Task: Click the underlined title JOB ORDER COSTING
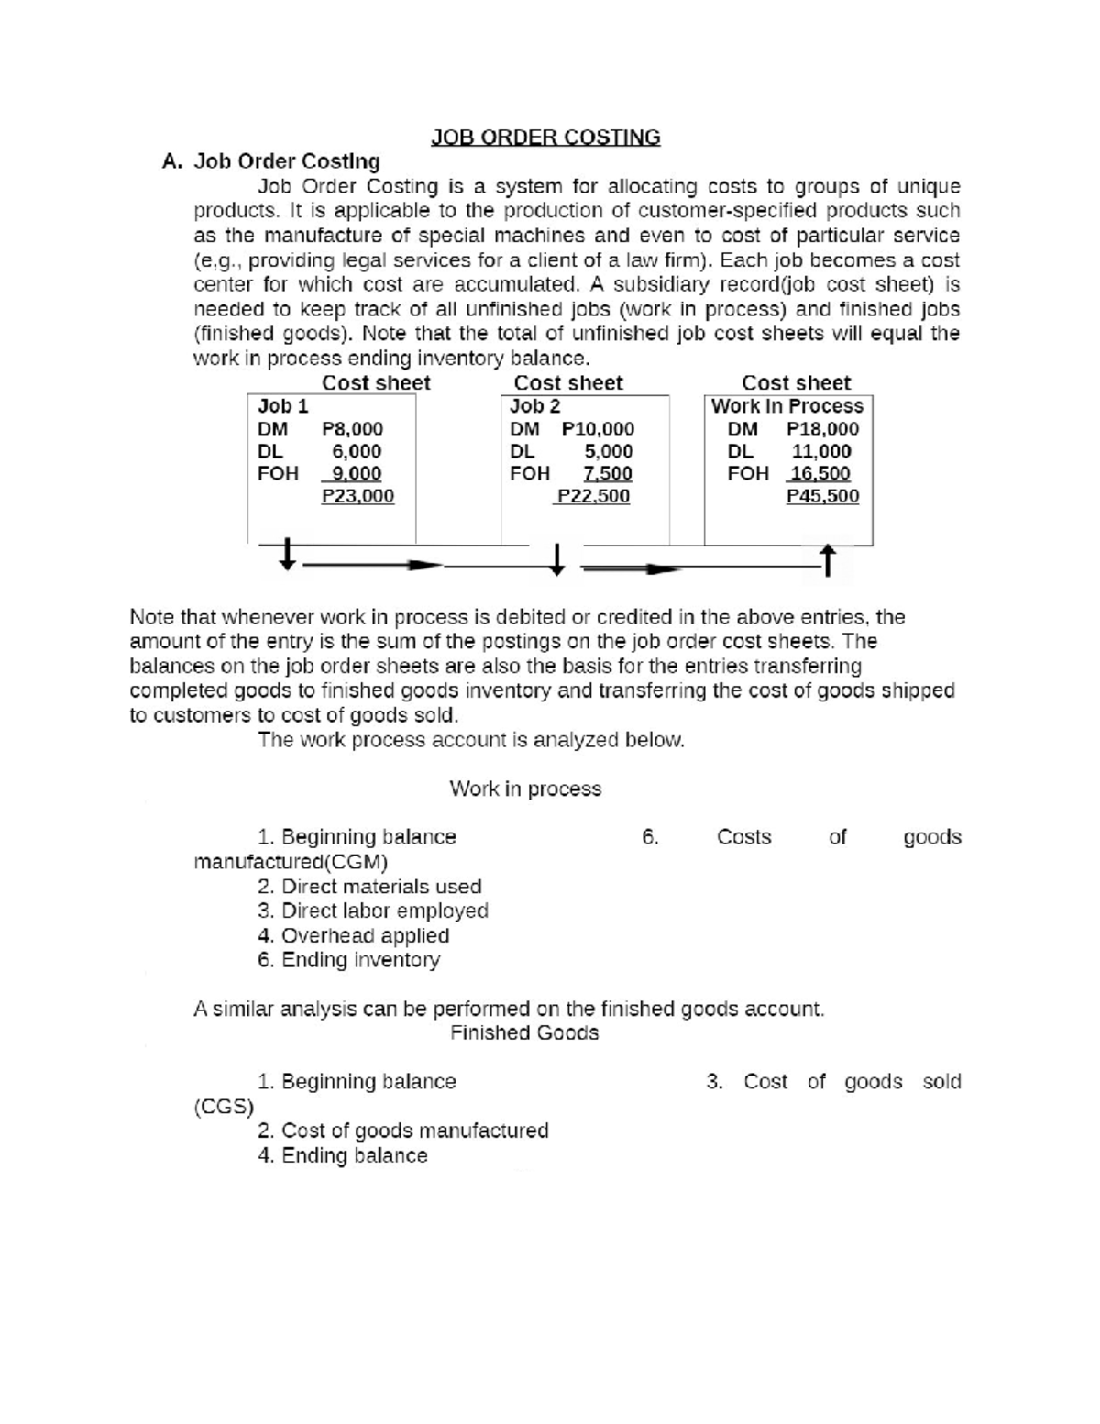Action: (545, 138)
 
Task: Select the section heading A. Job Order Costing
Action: (270, 161)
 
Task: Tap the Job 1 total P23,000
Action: (357, 496)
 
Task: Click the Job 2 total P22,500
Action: (594, 496)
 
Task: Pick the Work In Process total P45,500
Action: (822, 496)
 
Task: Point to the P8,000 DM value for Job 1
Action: (353, 429)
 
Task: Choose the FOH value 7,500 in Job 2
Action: (607, 474)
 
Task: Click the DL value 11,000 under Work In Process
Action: (821, 451)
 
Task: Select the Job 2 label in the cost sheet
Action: (534, 406)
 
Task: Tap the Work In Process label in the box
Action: (786, 406)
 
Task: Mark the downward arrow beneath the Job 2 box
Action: (556, 558)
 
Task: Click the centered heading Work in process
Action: (525, 789)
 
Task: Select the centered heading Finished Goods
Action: (524, 1033)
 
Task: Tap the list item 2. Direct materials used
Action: (369, 887)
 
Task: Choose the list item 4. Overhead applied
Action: (354, 936)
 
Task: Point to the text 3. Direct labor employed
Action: (373, 911)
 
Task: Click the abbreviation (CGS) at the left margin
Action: (224, 1107)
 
